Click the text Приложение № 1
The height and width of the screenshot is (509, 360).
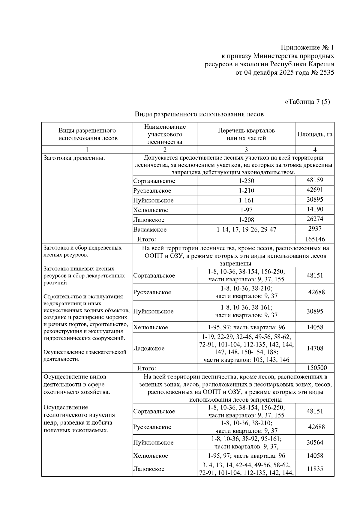click(307, 47)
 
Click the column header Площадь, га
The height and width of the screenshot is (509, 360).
click(315, 134)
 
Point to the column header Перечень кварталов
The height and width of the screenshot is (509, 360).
click(246, 130)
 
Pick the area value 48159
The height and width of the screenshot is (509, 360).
click(315, 180)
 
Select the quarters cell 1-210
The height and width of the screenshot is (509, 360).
click(246, 190)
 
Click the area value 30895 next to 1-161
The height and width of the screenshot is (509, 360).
click(315, 199)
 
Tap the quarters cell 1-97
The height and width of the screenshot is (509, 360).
click(246, 210)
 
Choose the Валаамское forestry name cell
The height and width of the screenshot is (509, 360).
click(150, 230)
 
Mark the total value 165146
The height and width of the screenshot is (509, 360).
click(315, 239)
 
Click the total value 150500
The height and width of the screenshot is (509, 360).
click(317, 368)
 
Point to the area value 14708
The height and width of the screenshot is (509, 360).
click(315, 348)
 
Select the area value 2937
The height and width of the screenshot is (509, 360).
click(315, 229)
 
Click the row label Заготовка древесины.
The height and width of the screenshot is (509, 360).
click(74, 158)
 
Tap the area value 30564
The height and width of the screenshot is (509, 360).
click(315, 442)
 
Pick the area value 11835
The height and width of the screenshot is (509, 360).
click(315, 469)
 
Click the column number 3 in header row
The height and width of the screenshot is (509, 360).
click(246, 150)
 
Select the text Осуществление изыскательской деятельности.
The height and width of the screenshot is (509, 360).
click(85, 355)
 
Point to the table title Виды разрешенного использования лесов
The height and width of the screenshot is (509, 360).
click(199, 114)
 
